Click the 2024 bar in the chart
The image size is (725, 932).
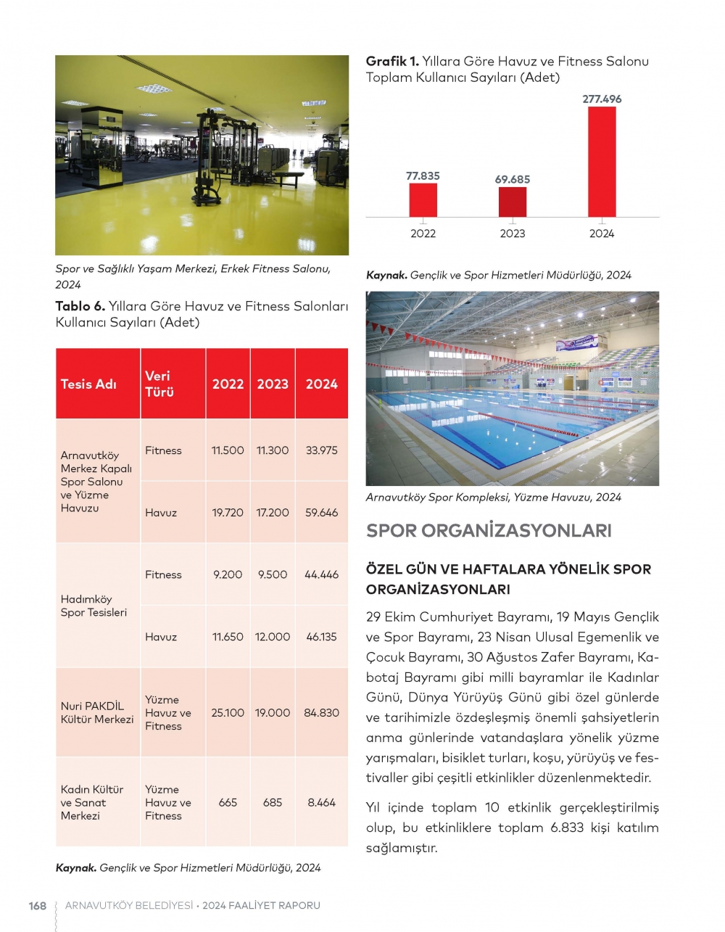click(x=602, y=162)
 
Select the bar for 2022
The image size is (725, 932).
click(x=423, y=200)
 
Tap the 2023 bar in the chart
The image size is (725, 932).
click(x=513, y=202)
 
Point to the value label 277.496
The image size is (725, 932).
click(x=602, y=99)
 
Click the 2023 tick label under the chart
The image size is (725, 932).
click(x=513, y=234)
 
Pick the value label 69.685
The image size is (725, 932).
click(x=513, y=179)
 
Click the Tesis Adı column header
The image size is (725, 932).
click(x=88, y=384)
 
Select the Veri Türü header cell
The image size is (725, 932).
click(x=159, y=384)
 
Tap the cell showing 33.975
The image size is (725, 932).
click(x=321, y=450)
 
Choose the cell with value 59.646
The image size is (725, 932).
click(x=321, y=513)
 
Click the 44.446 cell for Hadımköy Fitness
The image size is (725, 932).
click(x=321, y=574)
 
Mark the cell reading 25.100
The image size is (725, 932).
click(x=228, y=713)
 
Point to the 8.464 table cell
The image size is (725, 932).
click(x=321, y=803)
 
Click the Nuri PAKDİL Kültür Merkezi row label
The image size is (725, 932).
click(x=97, y=713)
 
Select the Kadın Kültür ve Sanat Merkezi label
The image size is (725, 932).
click(x=92, y=803)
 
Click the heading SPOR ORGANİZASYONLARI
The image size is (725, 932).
click(x=489, y=531)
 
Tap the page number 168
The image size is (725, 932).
click(x=38, y=906)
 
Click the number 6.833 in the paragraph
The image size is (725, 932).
click(x=567, y=828)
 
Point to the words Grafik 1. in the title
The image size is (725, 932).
click(x=392, y=62)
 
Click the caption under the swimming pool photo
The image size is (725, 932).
click(x=493, y=498)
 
